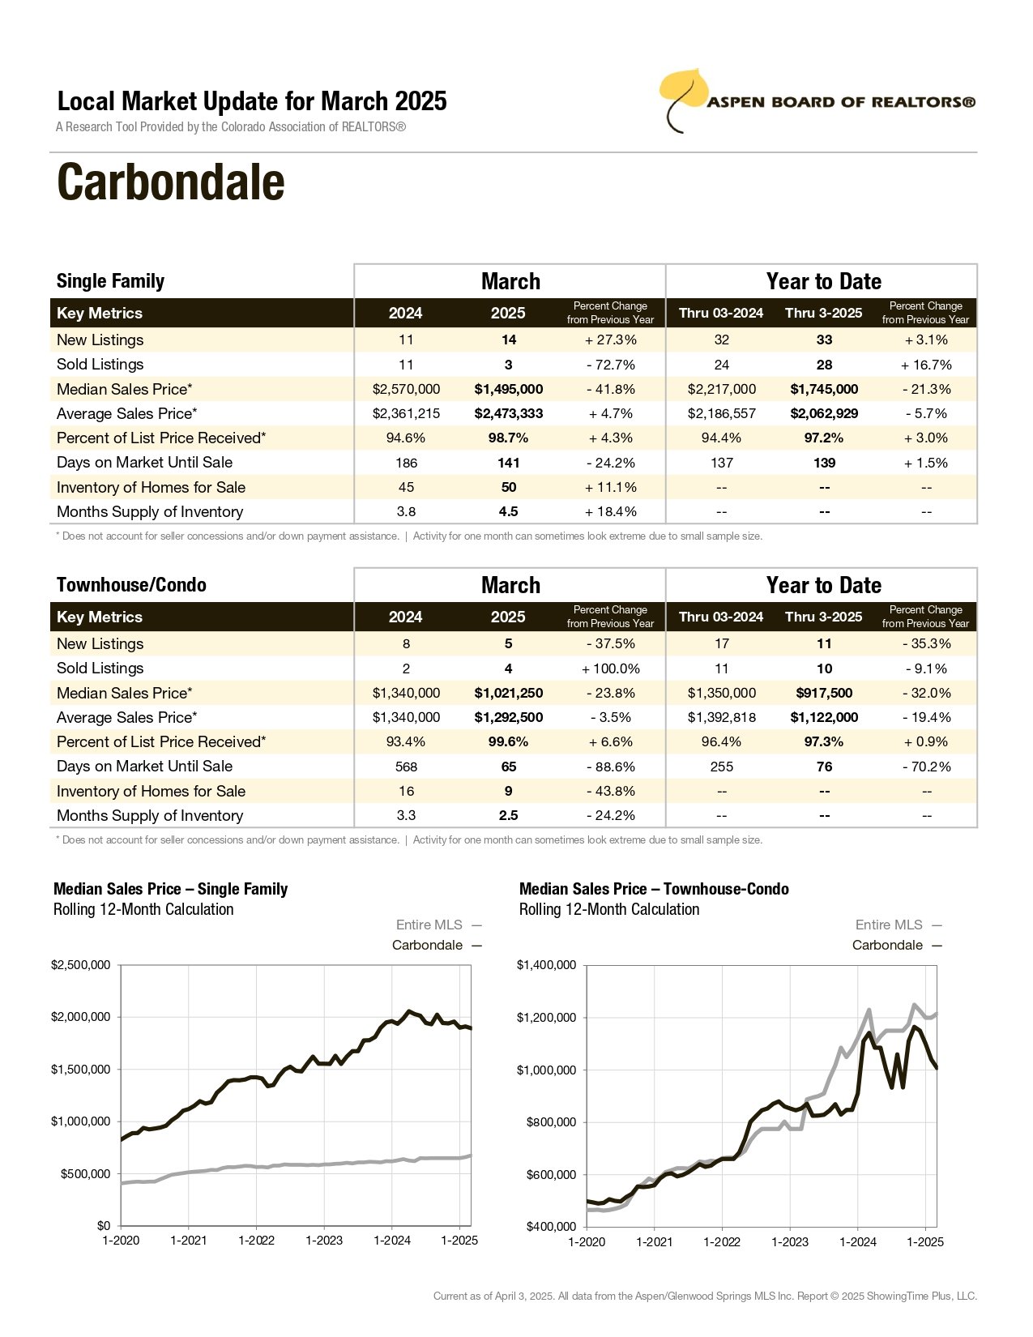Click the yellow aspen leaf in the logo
[x=683, y=92]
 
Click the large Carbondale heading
[x=170, y=182]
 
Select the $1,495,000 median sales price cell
[x=508, y=389]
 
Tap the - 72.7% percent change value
[x=610, y=365]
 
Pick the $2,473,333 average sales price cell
[x=508, y=413]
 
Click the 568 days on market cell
[x=406, y=767]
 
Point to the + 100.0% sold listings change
[x=610, y=668]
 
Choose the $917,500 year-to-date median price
[x=824, y=693]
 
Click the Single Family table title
[x=111, y=281]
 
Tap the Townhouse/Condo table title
[x=132, y=584]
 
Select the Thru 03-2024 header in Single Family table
[x=721, y=313]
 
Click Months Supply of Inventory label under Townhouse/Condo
[x=150, y=815]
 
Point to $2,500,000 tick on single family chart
[x=80, y=965]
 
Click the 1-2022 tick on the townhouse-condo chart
[x=722, y=1241]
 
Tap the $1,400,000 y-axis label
[x=546, y=965]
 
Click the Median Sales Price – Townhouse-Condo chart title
[x=654, y=888]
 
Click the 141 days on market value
[x=508, y=463]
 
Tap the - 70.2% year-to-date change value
[x=927, y=767]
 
